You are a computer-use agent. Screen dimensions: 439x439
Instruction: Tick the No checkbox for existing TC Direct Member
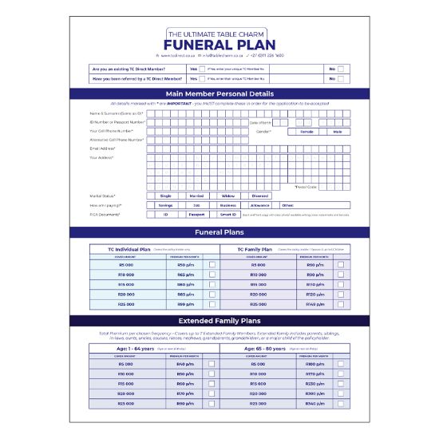click(x=341, y=69)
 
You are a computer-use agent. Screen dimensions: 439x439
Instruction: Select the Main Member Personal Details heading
click(x=219, y=94)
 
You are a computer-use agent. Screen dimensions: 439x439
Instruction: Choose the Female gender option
click(x=307, y=131)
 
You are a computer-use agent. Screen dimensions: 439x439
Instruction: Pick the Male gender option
click(x=338, y=131)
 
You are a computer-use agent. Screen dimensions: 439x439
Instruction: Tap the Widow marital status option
click(x=228, y=196)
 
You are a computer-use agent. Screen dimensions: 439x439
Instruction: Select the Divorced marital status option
click(x=260, y=196)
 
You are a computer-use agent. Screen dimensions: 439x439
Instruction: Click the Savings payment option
click(x=165, y=205)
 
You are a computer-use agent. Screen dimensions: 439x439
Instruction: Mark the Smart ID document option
click(x=228, y=215)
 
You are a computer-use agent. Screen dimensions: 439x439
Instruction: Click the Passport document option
click(x=196, y=215)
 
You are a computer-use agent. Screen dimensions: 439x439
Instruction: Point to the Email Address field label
click(x=104, y=148)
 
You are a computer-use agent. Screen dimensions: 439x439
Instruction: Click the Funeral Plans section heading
click(x=219, y=232)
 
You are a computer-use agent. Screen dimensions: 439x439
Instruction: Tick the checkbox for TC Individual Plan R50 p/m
click(x=212, y=264)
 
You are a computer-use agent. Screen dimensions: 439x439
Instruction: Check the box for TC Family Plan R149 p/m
click(x=342, y=304)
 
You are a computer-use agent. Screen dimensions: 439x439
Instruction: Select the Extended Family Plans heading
click(x=219, y=320)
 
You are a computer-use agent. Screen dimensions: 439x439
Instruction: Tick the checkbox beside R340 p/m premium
click(x=342, y=403)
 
